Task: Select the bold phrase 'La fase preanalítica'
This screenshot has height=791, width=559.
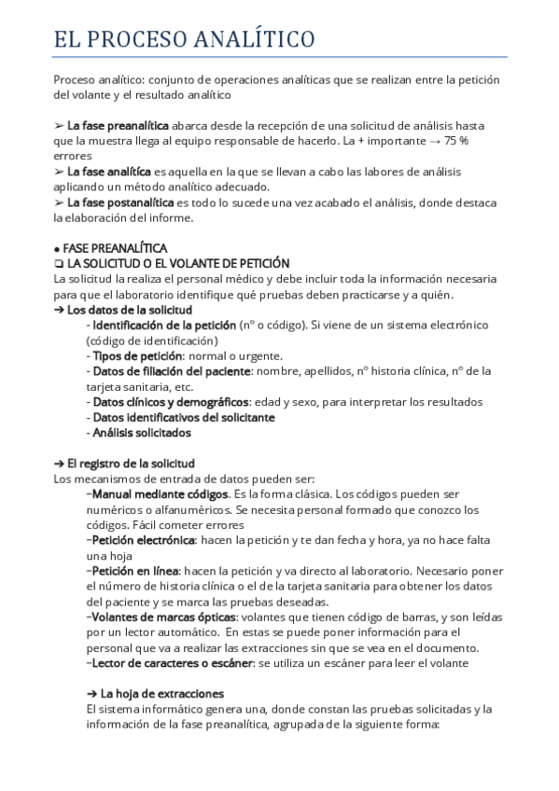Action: [x=118, y=125]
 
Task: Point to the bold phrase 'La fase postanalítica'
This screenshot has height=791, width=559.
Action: [x=120, y=202]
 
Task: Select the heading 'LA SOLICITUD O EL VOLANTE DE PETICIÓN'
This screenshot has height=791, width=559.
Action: [x=178, y=264]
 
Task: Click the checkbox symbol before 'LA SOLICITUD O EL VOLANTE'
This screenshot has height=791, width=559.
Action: [x=59, y=264]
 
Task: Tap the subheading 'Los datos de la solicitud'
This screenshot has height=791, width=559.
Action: [x=129, y=310]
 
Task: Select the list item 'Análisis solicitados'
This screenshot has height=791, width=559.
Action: [x=141, y=433]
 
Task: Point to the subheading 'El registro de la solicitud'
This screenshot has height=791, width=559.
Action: [x=131, y=463]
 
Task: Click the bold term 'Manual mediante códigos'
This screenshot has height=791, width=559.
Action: [x=160, y=493]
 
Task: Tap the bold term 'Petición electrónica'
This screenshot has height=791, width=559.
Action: [x=142, y=539]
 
